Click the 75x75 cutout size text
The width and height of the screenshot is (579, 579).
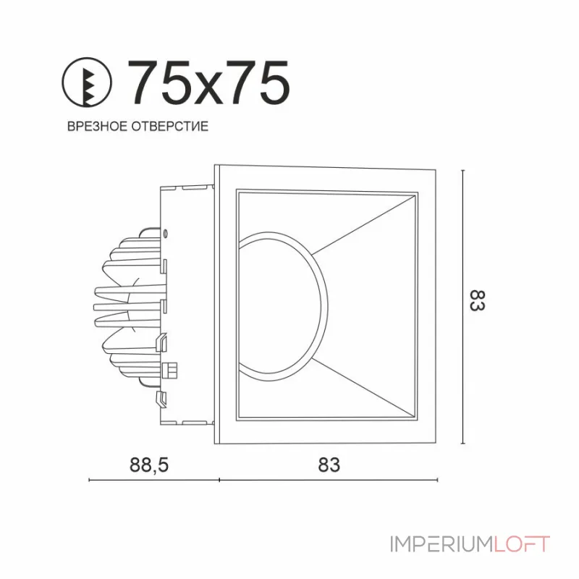(208, 83)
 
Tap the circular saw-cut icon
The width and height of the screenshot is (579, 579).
(86, 83)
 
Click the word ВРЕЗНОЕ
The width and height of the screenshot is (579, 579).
(97, 126)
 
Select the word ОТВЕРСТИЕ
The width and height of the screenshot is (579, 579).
(170, 126)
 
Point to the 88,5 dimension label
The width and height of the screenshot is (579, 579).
(149, 465)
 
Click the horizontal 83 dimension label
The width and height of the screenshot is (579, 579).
(329, 465)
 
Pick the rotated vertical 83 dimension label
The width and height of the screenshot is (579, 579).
(477, 301)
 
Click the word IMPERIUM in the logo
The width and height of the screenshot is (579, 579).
(441, 544)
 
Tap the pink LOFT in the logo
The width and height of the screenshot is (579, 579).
(522, 544)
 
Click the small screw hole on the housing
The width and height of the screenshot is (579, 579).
(166, 232)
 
